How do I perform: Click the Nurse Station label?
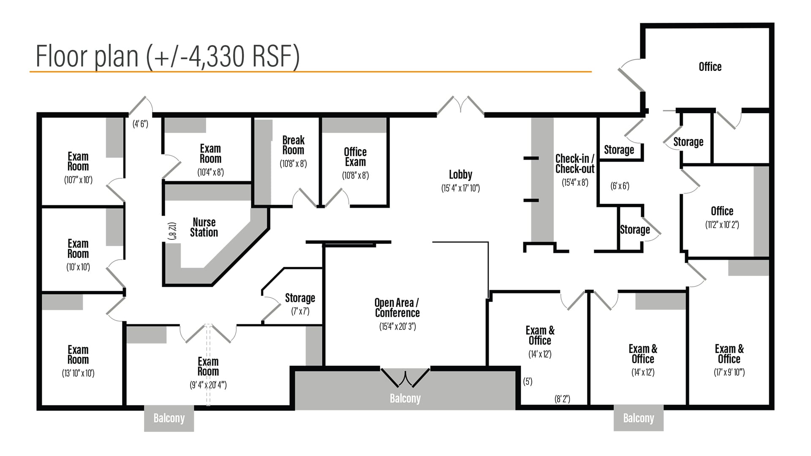(x=204, y=227)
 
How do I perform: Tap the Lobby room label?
(x=460, y=174)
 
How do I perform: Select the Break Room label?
(x=293, y=145)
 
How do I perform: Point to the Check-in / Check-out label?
(x=574, y=164)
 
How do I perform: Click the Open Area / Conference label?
(x=397, y=308)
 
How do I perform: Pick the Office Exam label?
(x=355, y=157)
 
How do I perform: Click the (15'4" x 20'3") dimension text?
(x=397, y=326)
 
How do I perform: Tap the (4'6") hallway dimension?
(x=140, y=124)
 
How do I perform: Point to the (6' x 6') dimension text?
(x=620, y=186)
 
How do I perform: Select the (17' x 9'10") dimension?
(x=729, y=372)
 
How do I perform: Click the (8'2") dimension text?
(x=562, y=399)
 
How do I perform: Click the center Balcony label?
(x=405, y=399)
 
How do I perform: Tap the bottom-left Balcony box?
(x=169, y=418)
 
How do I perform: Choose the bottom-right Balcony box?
(x=639, y=418)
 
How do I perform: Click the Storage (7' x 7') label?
(x=300, y=298)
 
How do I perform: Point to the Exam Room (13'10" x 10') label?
(x=78, y=355)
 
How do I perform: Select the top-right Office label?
(x=710, y=67)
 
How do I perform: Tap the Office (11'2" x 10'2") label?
(x=722, y=211)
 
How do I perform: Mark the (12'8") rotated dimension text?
(x=172, y=231)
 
